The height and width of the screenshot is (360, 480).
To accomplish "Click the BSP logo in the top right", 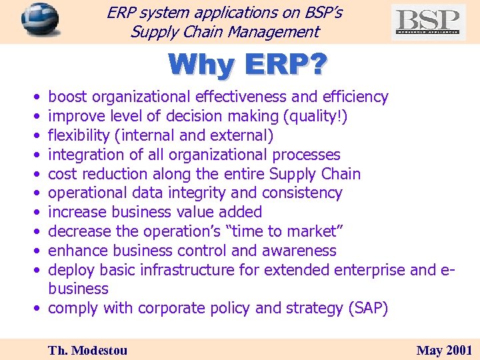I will coord(428,21).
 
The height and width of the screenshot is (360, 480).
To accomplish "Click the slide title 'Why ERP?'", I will coord(247,65).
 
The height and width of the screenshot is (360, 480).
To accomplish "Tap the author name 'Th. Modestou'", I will coord(87,350).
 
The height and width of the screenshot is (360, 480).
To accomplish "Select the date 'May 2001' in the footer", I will coord(444,350).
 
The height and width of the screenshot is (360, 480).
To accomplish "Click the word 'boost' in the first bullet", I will coord(68,97).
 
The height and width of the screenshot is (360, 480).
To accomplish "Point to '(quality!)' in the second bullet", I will coord(315,117).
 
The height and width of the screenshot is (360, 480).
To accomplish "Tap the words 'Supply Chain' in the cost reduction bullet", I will coord(315,174).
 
